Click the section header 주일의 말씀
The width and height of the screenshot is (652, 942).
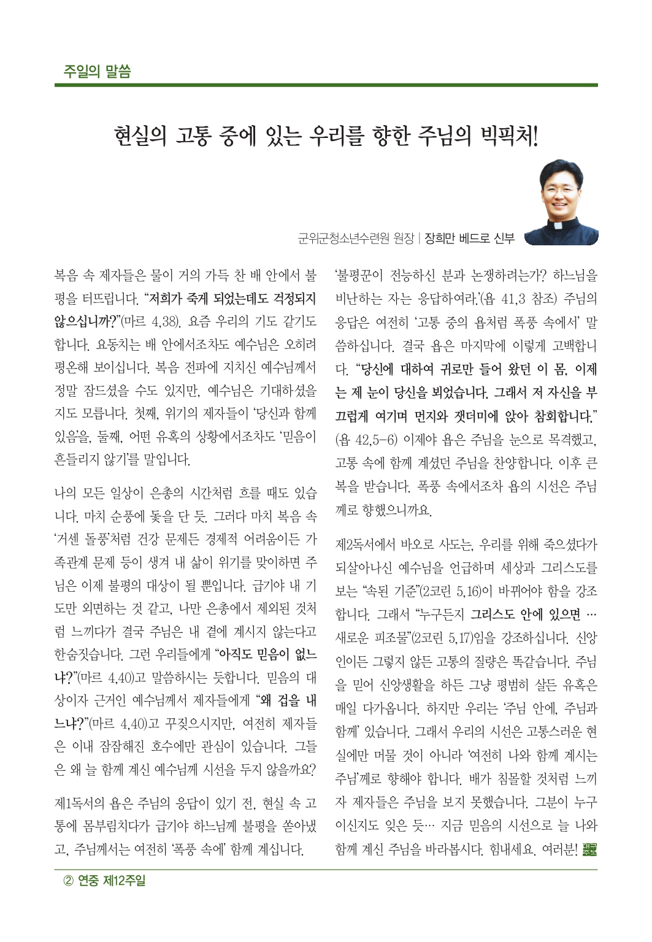97,71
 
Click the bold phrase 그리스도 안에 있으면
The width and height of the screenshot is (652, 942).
526,615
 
